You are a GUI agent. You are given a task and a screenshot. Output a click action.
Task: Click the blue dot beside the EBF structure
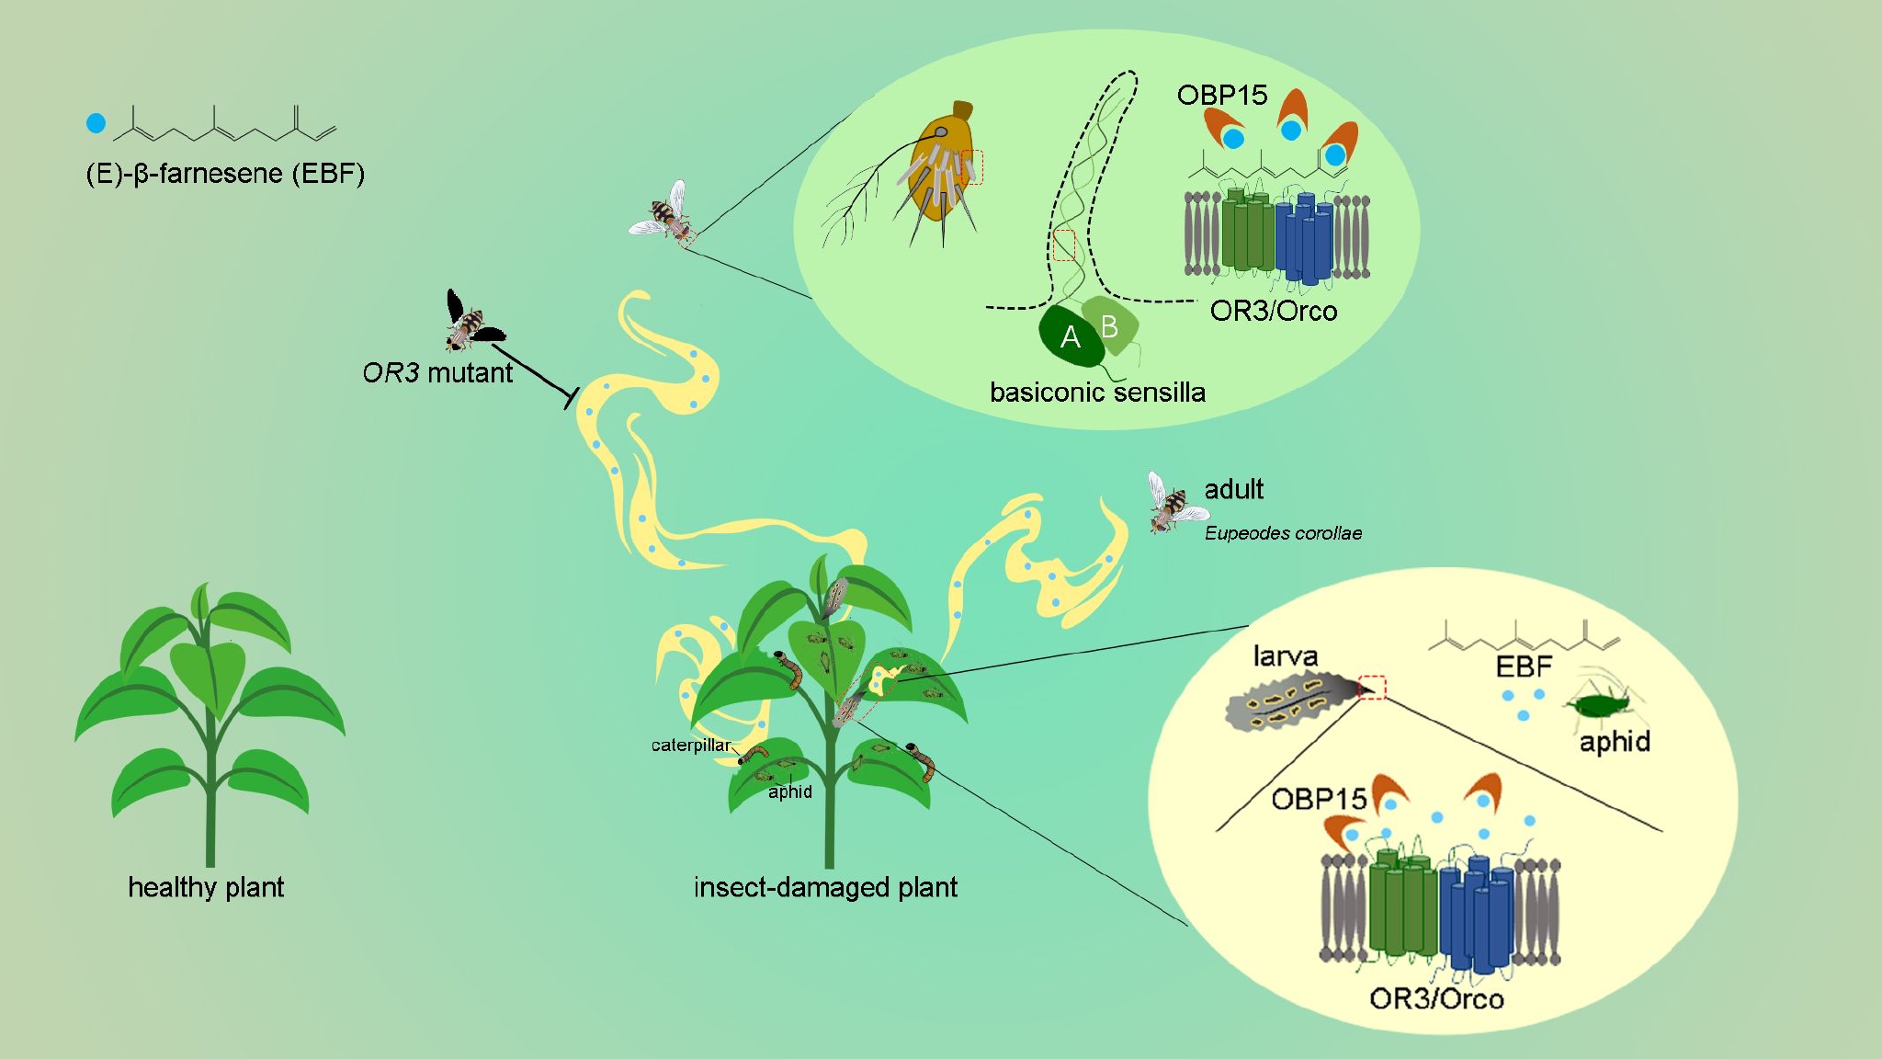96,123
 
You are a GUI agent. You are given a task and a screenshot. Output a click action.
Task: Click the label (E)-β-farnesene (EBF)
225,174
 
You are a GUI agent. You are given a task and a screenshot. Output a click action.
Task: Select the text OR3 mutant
437,373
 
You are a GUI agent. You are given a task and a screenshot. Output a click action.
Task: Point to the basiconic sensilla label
1097,393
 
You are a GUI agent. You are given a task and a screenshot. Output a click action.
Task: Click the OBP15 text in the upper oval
1222,95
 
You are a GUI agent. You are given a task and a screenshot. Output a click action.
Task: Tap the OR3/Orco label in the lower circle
1436,998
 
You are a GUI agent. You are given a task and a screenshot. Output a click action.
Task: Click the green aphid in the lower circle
1603,705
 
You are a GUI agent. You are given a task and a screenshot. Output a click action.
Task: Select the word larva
1286,656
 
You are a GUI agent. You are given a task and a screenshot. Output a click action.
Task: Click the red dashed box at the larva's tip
1372,688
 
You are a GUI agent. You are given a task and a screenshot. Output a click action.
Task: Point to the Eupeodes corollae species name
1283,533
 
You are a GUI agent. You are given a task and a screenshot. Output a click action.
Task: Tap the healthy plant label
206,887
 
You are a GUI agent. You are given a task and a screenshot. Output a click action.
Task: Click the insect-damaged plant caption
825,887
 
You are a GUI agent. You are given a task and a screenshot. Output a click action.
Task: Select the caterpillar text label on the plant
691,746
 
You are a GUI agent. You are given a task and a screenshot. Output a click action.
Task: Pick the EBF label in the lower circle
1524,666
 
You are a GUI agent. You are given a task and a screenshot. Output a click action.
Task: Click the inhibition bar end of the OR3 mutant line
570,398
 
